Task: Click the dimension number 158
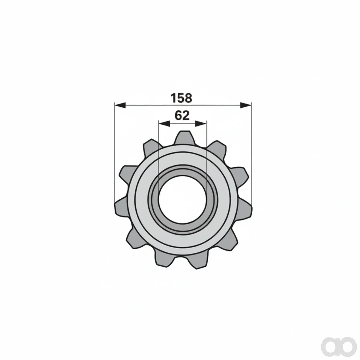tap(181, 98)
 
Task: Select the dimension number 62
tap(182, 115)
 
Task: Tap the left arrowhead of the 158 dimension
tap(120, 105)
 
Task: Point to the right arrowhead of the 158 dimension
tap(246, 105)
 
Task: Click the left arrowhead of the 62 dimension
tap(164, 123)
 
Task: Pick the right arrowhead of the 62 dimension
tap(201, 123)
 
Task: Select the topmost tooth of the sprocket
tap(183, 138)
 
